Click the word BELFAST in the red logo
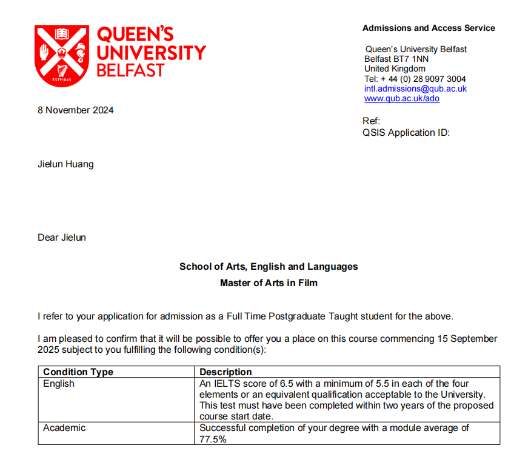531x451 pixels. pos(130,70)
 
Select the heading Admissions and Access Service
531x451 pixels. pos(429,28)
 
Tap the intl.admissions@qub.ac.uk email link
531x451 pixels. pos(415,89)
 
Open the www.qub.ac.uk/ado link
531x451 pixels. pos(401,98)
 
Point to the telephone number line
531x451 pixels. pos(415,79)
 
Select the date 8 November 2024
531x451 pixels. pos(75,110)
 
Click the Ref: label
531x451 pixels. pos(371,121)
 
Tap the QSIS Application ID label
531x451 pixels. pos(406,133)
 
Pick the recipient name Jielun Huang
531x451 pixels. pos(65,164)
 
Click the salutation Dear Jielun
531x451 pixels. pos(62,238)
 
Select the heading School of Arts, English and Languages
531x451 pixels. pos(269,267)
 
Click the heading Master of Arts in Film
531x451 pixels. pos(269,282)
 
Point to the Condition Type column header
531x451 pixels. pos(78,372)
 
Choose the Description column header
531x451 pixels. pos(225,372)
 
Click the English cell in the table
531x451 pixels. pos(59,384)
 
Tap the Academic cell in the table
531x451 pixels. pos(64,428)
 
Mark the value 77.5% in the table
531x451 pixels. pos(213,439)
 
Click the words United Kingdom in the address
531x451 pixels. pos(395,68)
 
